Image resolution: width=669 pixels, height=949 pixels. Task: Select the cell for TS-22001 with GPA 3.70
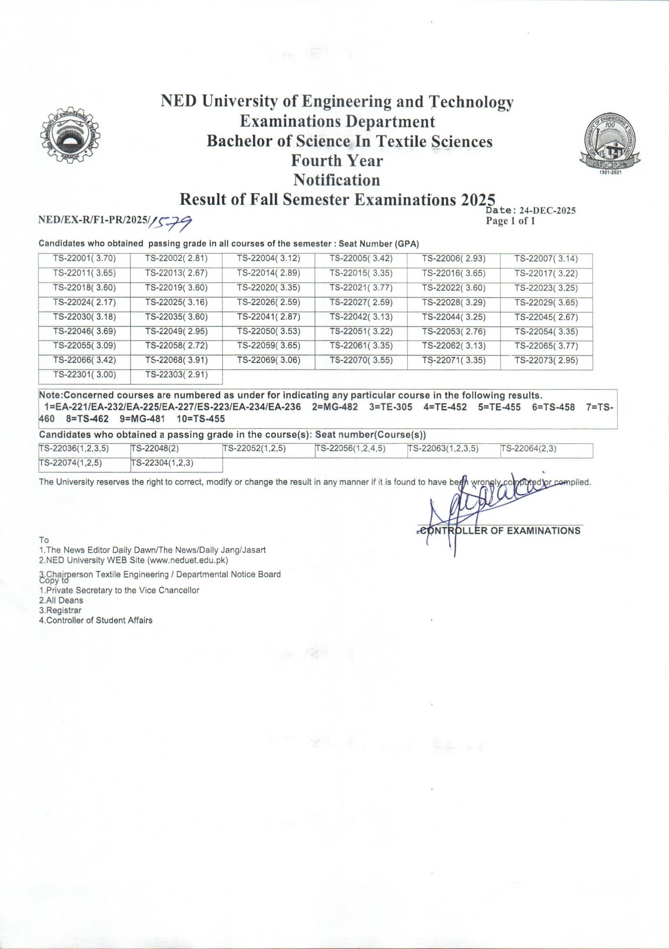(84, 259)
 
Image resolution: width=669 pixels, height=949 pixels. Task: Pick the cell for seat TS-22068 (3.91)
(176, 360)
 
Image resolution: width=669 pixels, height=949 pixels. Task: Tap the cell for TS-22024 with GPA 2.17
(84, 302)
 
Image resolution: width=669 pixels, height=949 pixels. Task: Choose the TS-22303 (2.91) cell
(176, 375)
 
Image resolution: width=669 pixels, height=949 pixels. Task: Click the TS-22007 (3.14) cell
(546, 259)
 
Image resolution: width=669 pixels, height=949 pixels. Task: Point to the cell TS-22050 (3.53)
(268, 331)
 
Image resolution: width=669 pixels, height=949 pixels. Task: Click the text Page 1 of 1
(511, 221)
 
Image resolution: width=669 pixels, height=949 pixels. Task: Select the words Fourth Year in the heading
(337, 160)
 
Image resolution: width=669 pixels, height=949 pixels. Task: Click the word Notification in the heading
(337, 180)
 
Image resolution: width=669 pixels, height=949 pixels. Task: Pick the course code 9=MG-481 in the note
(142, 419)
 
